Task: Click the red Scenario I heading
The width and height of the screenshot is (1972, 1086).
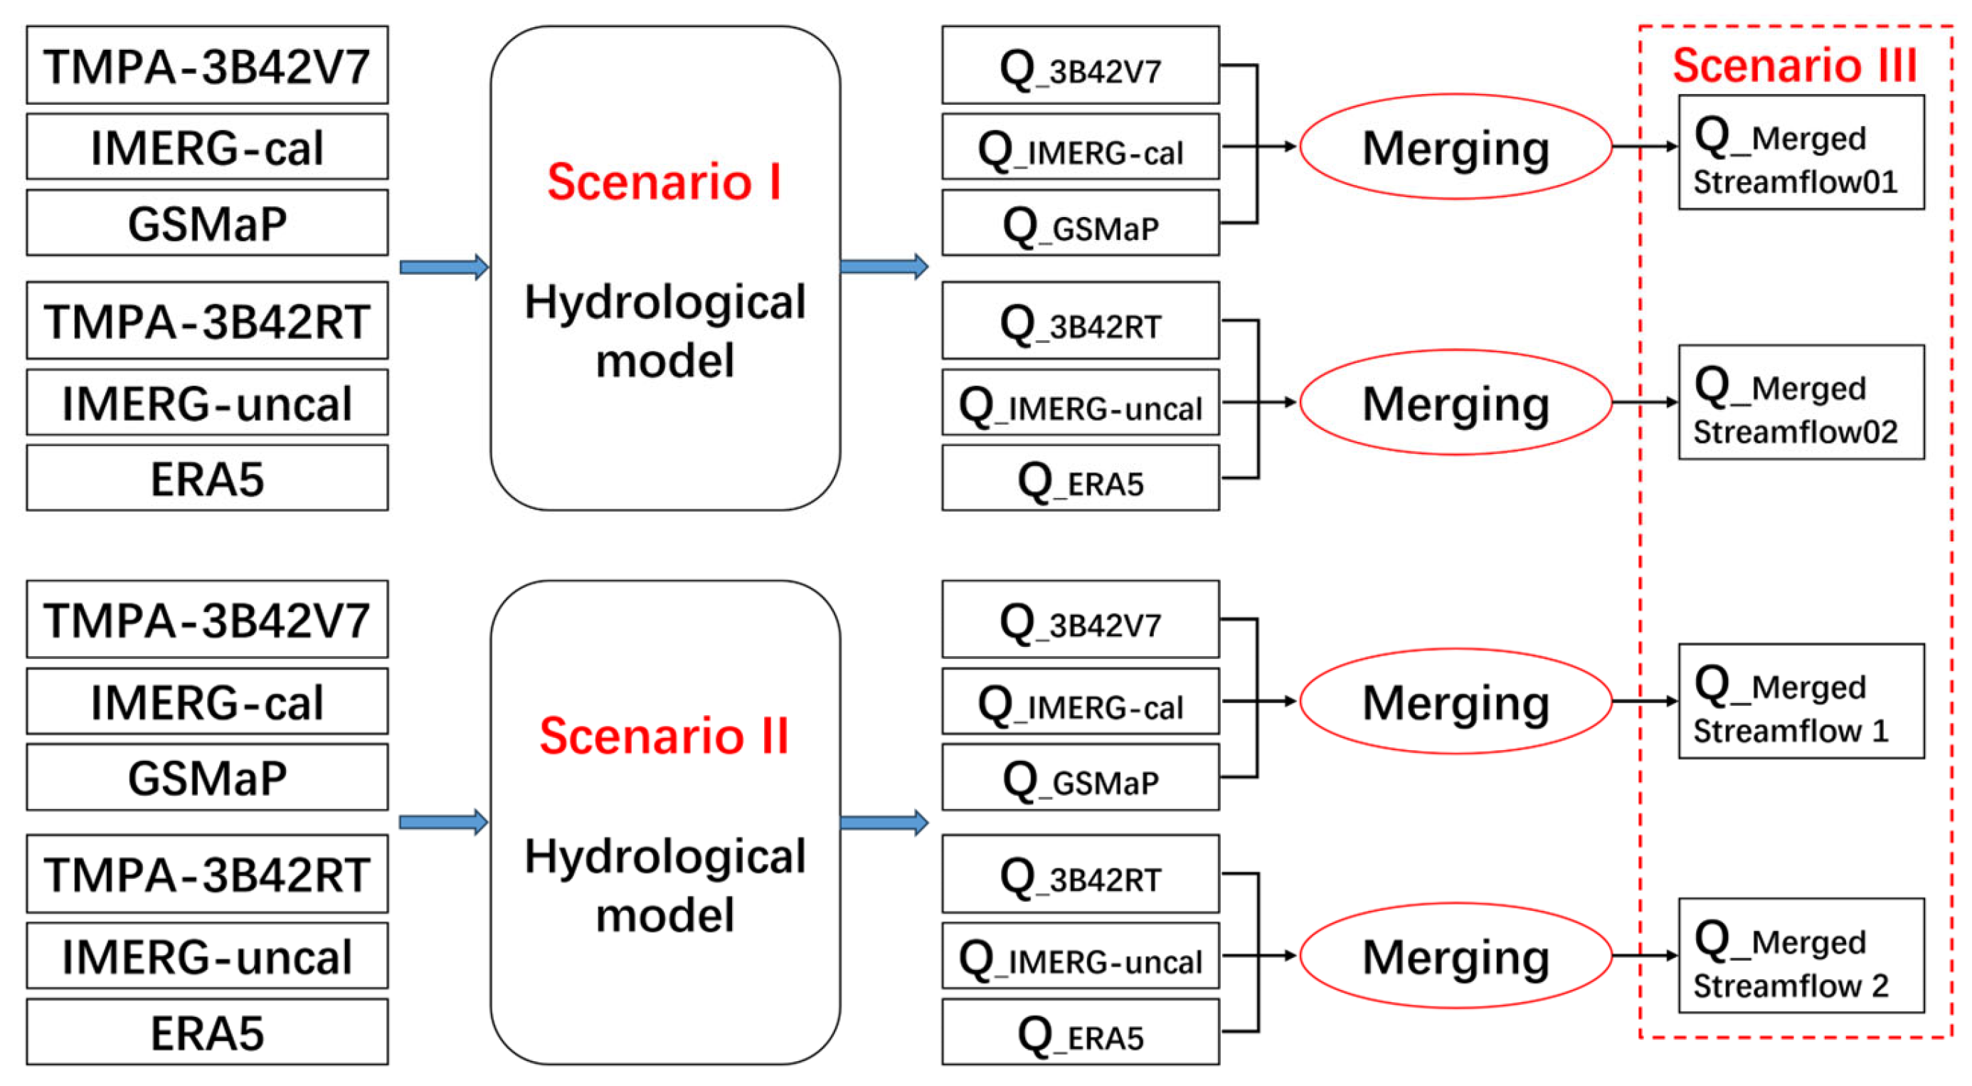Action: (664, 182)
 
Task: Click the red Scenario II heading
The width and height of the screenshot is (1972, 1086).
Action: (664, 736)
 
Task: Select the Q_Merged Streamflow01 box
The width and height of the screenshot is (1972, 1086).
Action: (1801, 152)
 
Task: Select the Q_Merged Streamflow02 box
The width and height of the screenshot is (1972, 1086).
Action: (1801, 402)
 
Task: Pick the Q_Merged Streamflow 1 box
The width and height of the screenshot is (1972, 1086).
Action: (1801, 701)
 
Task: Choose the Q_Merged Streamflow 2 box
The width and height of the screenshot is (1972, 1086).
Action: (1801, 955)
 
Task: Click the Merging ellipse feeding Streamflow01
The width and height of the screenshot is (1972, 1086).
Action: (1456, 147)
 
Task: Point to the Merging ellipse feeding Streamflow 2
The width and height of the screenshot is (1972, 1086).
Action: (1456, 956)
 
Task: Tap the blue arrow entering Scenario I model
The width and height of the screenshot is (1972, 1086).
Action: (443, 268)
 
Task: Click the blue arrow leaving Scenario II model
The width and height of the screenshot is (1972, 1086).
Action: (884, 823)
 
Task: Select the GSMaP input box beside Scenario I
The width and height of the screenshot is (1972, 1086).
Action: (207, 223)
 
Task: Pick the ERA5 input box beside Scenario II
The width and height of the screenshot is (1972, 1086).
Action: (207, 1032)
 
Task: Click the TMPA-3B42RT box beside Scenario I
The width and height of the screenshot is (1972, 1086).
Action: (207, 321)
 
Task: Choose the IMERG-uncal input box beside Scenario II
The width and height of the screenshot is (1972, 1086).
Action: (207, 956)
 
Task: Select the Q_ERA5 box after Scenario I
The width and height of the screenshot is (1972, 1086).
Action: (1080, 478)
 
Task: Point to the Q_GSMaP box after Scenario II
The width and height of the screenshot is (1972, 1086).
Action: (1080, 777)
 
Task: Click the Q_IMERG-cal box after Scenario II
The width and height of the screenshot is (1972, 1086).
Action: (1080, 702)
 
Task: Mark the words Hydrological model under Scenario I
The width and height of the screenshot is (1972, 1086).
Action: (664, 331)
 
